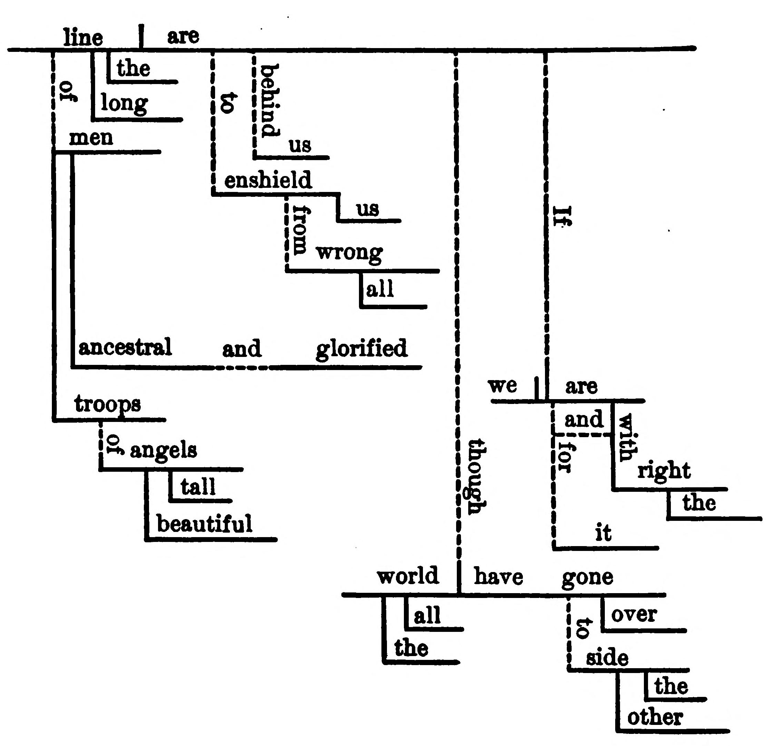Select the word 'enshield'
point(268,180)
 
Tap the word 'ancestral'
point(125,347)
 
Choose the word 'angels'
point(163,450)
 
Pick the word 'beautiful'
point(204,524)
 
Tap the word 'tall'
point(198,487)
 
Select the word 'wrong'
point(349,253)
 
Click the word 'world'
point(407,575)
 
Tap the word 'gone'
point(587,577)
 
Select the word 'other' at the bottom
point(655,717)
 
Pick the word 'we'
point(502,386)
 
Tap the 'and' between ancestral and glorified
point(242,349)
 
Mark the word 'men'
point(91,138)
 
